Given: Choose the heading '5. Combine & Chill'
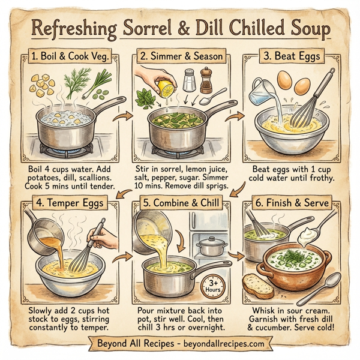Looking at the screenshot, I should (178, 203).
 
